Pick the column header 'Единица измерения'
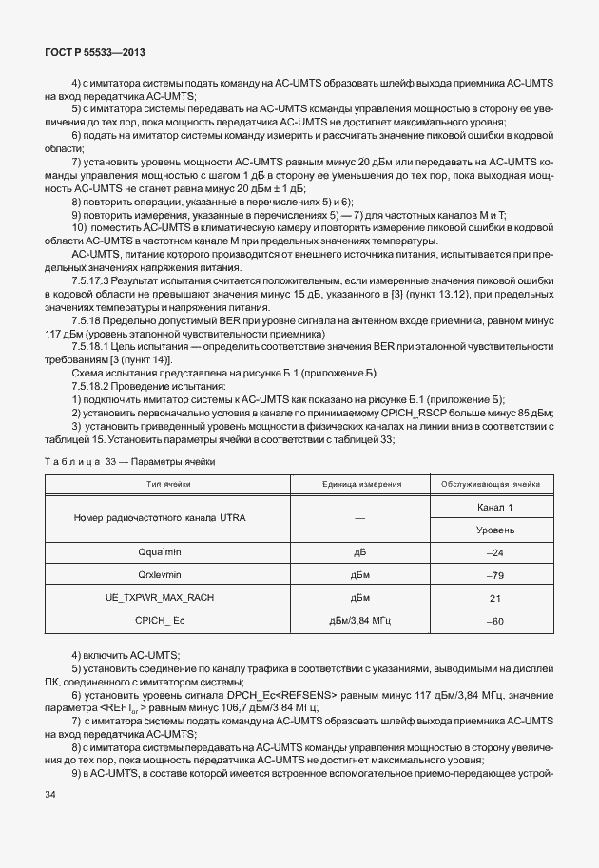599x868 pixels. coord(359,484)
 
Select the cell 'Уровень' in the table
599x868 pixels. coord(495,530)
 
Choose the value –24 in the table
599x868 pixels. coord(494,552)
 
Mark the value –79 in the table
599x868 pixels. coord(494,575)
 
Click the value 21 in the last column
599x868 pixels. coord(494,598)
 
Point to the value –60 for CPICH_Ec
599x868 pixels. coord(494,621)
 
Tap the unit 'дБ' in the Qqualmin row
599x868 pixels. coord(359,552)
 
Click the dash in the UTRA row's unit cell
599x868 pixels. coord(359,518)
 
